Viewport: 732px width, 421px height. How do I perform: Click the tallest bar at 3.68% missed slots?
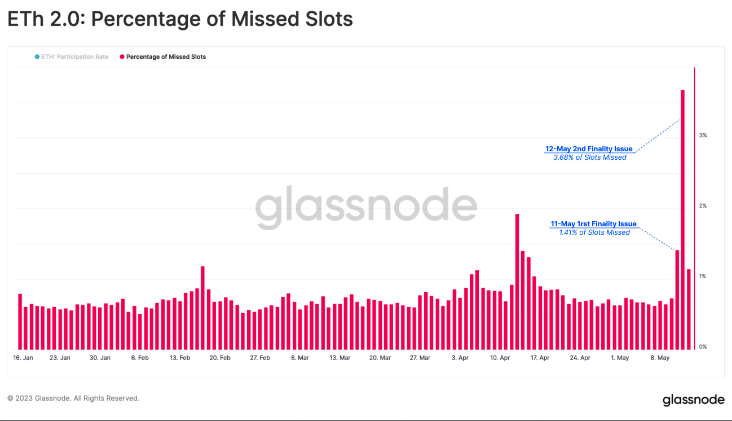[682, 220]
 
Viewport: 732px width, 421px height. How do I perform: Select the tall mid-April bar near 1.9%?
[517, 282]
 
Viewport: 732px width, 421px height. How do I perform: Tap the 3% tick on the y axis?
[703, 135]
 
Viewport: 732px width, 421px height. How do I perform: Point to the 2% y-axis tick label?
[703, 206]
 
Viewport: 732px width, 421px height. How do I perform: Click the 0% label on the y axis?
[703, 347]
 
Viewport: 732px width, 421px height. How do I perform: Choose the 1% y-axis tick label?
[703, 277]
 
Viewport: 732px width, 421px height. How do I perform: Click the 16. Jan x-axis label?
[24, 358]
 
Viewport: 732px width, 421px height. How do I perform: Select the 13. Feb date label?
[180, 358]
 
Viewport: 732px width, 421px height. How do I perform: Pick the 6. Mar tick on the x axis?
[300, 358]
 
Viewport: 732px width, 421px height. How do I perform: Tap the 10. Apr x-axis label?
[500, 358]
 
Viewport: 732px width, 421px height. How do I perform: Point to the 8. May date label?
[660, 358]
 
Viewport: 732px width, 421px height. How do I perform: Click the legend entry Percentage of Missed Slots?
[166, 57]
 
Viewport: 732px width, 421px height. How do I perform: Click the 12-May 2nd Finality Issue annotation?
[589, 149]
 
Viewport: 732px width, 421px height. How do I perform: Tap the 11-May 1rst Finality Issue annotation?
[593, 224]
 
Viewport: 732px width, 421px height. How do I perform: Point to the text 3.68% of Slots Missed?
[590, 157]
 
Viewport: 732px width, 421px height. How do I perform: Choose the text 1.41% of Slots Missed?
[594, 233]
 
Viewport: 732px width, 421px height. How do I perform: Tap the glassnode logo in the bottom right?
[693, 400]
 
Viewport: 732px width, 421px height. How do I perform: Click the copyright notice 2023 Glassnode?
[73, 398]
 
